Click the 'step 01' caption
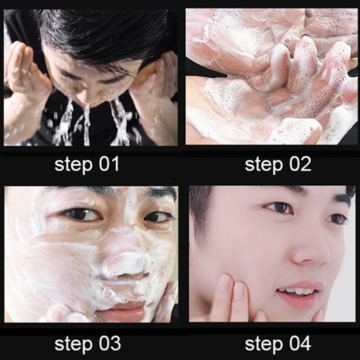pos(86,165)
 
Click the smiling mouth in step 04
pos(294,292)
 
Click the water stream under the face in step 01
pos(86,122)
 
